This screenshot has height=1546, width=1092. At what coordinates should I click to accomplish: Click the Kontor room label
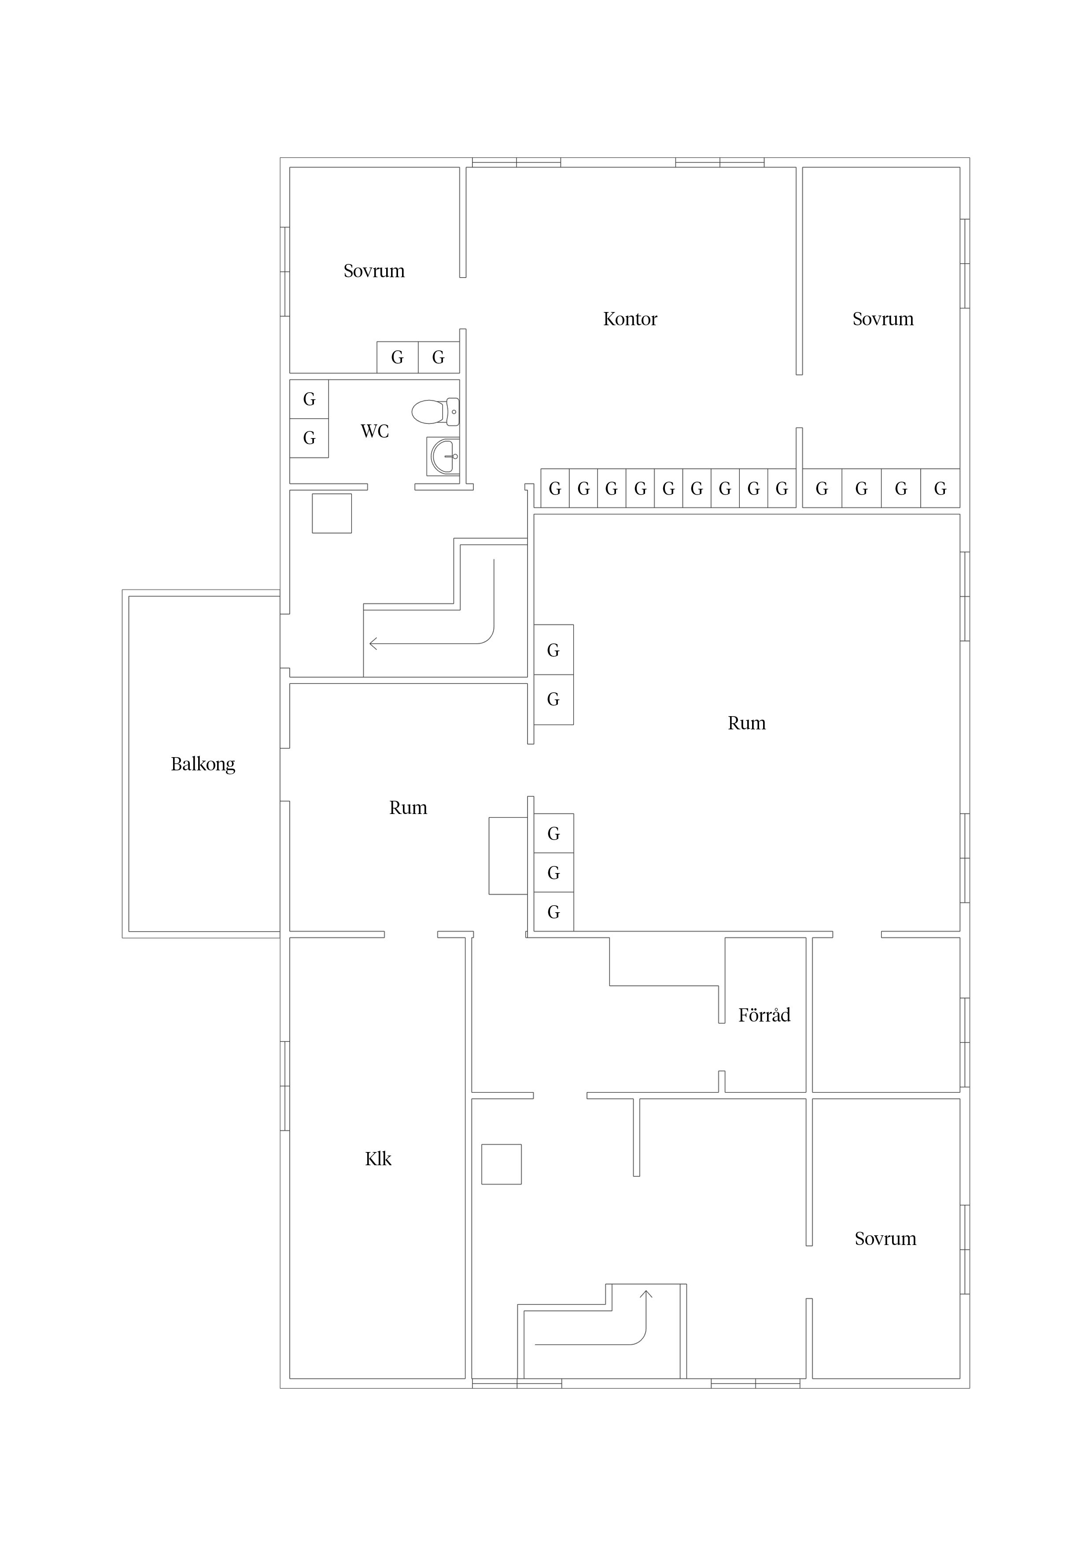tap(630, 319)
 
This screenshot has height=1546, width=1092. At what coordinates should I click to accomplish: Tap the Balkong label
tap(203, 764)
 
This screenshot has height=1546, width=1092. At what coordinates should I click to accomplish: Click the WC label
tap(375, 431)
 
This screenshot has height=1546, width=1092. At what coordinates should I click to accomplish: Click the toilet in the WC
tap(435, 412)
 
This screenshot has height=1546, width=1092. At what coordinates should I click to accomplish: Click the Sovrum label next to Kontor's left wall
tap(374, 271)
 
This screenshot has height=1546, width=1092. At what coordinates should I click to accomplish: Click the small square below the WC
tap(332, 513)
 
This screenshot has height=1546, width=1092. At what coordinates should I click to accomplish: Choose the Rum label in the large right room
tap(747, 723)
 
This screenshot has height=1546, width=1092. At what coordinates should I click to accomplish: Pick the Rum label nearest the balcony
tap(408, 807)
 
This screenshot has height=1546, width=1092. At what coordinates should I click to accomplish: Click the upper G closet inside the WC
tap(309, 399)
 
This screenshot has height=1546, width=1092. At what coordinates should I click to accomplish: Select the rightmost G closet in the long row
tap(940, 488)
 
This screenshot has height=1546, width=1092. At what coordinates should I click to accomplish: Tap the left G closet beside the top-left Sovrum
tap(397, 357)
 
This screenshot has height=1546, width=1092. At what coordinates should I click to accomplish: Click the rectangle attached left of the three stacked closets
tap(508, 856)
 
